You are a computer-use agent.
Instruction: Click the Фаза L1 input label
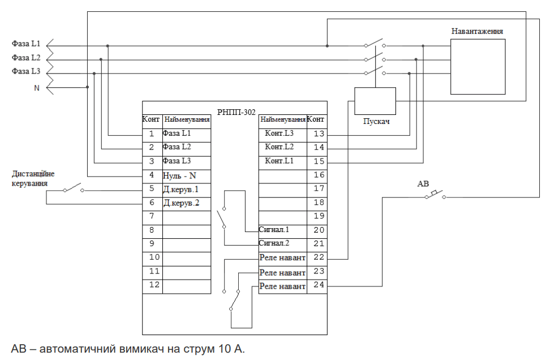click(26, 44)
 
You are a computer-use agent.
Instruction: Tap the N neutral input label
click(37, 88)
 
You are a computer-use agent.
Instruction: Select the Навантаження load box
click(478, 66)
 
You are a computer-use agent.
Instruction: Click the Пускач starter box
click(375, 101)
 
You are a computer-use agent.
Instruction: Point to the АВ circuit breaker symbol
click(435, 195)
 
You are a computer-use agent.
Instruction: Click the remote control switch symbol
click(74, 189)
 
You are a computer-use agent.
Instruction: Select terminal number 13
click(319, 134)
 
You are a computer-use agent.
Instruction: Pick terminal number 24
click(319, 285)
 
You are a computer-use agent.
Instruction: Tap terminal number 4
click(152, 175)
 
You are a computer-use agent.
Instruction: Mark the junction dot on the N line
click(87, 87)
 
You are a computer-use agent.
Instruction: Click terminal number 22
click(319, 258)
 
